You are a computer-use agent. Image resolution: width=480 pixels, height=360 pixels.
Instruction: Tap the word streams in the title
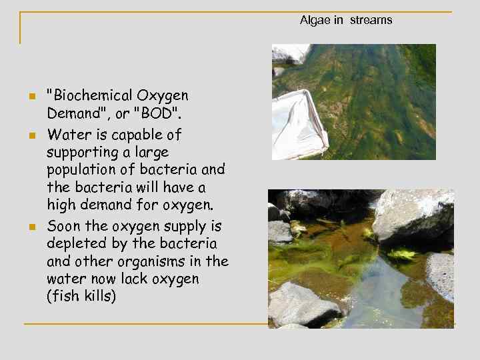click(371, 20)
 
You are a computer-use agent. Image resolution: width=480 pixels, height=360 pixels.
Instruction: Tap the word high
click(61, 204)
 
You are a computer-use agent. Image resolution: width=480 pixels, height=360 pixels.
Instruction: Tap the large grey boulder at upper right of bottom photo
click(415, 213)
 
